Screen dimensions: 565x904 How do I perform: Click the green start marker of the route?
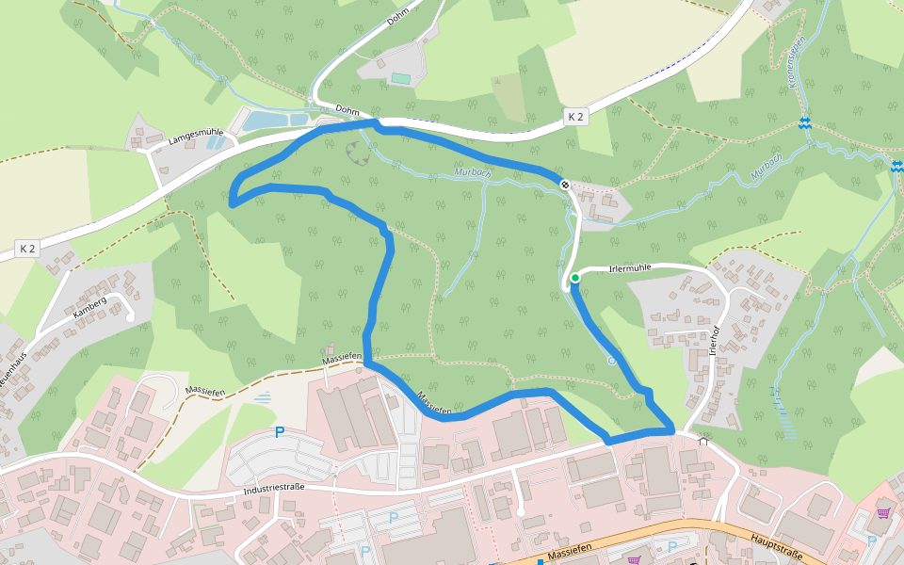[574, 278]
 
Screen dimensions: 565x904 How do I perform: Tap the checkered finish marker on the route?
[564, 185]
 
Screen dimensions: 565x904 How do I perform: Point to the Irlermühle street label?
[631, 267]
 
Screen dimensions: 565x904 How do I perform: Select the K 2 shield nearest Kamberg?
[27, 249]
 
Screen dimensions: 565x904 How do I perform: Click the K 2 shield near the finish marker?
[575, 117]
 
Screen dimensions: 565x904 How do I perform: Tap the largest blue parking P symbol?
[279, 432]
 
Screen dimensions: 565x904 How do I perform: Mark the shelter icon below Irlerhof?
[702, 439]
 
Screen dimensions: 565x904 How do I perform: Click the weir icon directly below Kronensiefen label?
[804, 122]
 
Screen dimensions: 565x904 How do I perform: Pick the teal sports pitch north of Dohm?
[401, 78]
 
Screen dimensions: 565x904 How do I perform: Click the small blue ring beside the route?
[611, 360]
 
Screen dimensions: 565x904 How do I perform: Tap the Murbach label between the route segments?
[473, 173]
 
